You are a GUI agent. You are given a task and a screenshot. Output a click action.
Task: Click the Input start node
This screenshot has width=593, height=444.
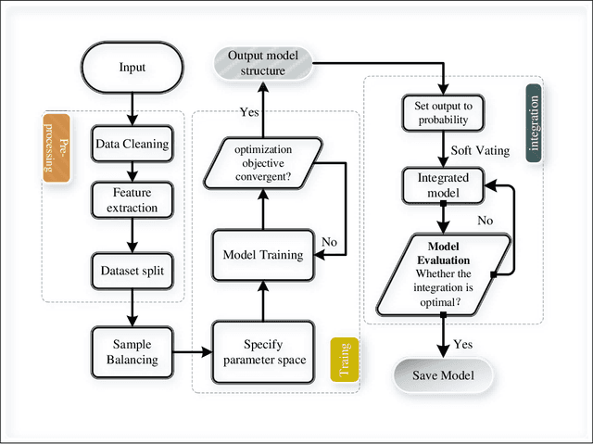[x=132, y=67]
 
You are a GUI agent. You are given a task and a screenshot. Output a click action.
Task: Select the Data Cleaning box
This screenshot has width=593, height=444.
[x=132, y=144]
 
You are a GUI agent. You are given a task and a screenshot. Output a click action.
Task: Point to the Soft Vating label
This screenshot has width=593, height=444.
[x=481, y=150]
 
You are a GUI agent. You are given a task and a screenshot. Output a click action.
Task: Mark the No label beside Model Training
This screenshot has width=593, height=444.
[x=328, y=241]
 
